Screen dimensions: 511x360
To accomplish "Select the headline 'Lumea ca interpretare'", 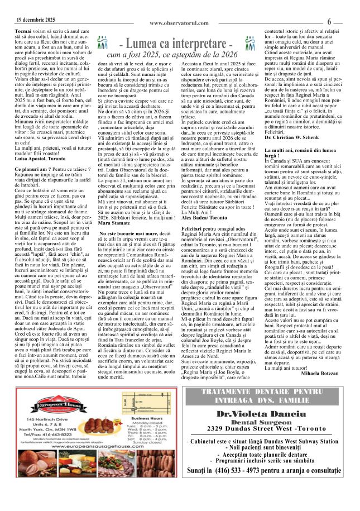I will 179,44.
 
